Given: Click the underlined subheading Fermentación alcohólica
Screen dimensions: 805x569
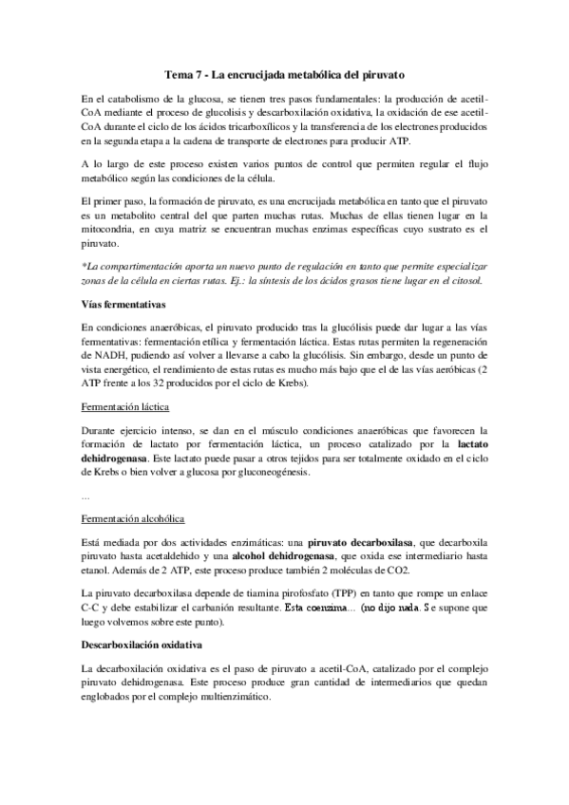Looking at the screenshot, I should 131,519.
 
